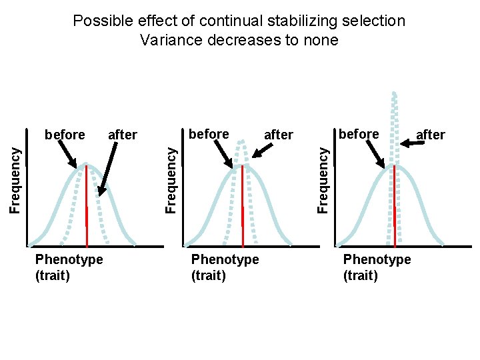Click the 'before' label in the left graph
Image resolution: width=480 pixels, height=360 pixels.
(65, 135)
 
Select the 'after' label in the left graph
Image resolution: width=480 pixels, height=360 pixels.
(122, 135)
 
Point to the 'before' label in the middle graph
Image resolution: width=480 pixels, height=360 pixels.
(209, 134)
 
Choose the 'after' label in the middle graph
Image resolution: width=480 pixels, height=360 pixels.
(278, 135)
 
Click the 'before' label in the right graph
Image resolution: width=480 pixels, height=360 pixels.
(359, 134)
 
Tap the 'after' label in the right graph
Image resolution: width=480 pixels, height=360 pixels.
(430, 135)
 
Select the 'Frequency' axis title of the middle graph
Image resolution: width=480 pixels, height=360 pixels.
(171, 180)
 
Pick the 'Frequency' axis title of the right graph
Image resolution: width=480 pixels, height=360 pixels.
(323, 180)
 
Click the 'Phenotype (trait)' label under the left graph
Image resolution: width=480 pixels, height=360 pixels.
(69, 267)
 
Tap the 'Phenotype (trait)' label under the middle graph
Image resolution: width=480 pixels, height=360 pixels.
(225, 267)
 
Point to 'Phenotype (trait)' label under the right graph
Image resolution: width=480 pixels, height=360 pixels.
(377, 267)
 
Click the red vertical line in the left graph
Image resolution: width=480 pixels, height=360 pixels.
(87, 207)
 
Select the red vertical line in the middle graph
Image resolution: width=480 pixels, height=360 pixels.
(243, 207)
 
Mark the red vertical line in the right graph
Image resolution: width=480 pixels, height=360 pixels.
(395, 207)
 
